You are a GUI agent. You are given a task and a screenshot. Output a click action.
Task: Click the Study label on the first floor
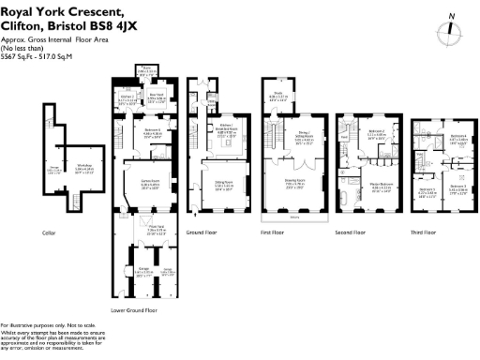click(279, 94)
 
